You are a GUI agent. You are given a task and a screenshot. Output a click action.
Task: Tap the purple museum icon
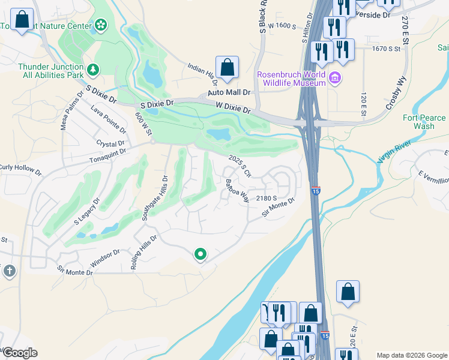(x=335, y=77)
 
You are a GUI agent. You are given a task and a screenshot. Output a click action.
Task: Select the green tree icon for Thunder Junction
(x=93, y=71)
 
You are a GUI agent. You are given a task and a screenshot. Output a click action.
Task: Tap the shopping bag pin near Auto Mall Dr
(x=228, y=68)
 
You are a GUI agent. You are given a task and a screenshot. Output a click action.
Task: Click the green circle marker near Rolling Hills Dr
(x=200, y=255)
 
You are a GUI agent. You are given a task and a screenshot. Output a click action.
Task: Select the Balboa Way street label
(x=237, y=190)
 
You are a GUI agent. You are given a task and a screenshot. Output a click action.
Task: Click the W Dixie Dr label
(x=233, y=108)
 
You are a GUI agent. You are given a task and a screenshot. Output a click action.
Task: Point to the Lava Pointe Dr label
(x=109, y=119)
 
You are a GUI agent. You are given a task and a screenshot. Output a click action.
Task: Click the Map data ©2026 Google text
(x=412, y=355)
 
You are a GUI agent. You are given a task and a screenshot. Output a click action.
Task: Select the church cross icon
(x=9, y=271)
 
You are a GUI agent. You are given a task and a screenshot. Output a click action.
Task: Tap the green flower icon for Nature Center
(x=100, y=25)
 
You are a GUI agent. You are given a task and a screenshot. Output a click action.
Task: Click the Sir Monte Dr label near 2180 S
(x=279, y=207)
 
